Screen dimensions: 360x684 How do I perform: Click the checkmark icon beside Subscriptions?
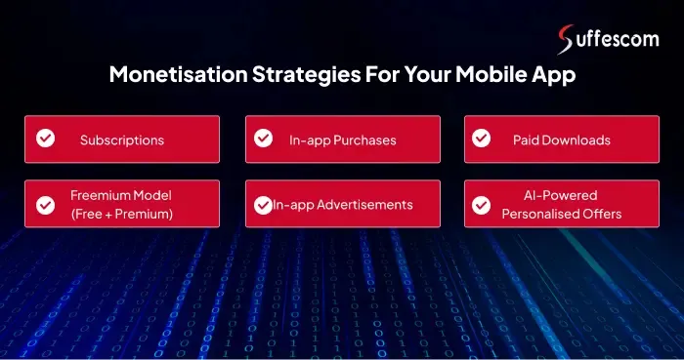click(45, 139)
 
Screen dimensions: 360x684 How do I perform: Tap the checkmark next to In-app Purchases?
click(264, 139)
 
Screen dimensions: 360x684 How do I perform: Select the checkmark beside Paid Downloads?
click(481, 139)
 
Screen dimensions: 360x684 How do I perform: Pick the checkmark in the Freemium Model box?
click(45, 204)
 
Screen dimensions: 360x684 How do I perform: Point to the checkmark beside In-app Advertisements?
click(263, 204)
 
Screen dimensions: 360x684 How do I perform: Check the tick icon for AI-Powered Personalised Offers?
click(481, 204)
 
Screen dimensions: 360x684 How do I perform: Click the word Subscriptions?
click(122, 140)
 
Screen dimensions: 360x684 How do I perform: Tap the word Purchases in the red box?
click(364, 140)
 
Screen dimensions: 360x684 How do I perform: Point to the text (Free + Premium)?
click(122, 214)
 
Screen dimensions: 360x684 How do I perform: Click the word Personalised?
click(540, 214)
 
